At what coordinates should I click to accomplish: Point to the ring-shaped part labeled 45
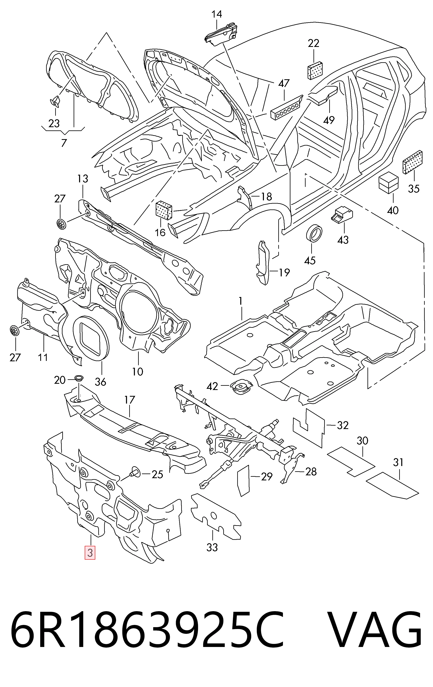(314, 233)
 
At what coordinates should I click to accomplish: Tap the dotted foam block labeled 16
(164, 210)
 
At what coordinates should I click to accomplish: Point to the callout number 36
(100, 382)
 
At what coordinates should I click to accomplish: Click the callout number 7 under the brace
(64, 143)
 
